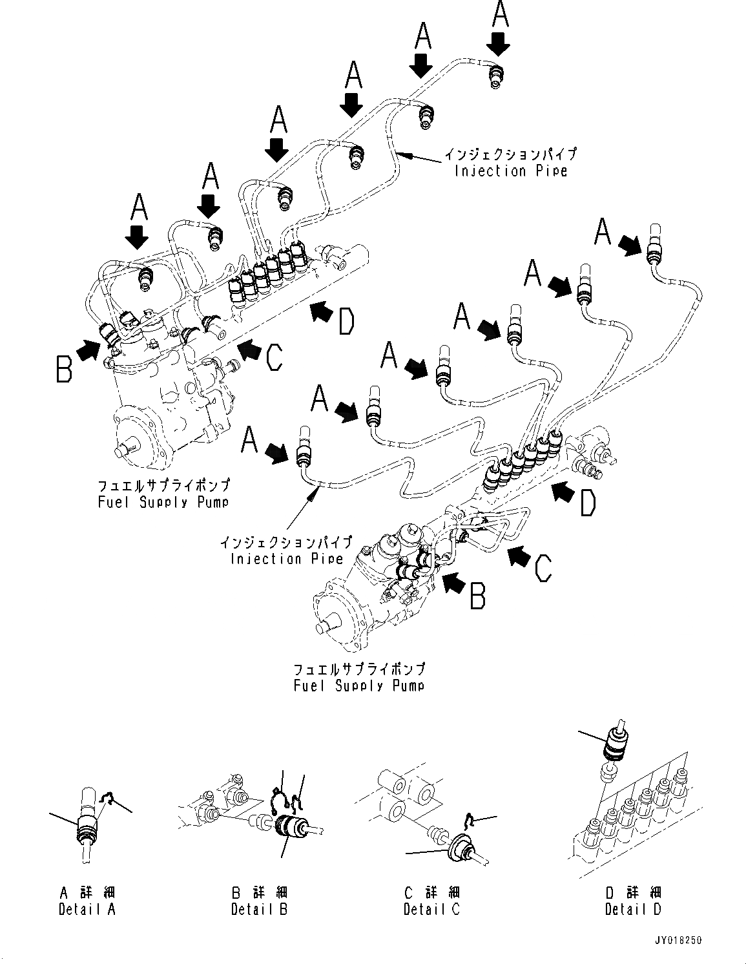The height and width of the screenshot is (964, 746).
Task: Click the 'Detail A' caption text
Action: pos(87,909)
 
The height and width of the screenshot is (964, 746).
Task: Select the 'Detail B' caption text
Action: pos(260,909)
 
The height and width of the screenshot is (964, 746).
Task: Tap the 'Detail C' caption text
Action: pos(431,909)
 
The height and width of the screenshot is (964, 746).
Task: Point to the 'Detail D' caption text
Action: pos(633,909)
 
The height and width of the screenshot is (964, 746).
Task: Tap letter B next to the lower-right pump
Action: pos(478,595)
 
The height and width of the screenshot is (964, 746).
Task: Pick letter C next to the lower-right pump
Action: pos(543,569)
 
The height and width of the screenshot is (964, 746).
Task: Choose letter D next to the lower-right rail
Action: pos(587,503)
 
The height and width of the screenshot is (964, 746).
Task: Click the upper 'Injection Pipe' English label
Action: pos(510,171)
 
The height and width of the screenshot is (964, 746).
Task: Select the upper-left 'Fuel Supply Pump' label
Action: pos(163,502)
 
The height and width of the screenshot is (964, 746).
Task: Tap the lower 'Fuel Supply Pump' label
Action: pos(359,686)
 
